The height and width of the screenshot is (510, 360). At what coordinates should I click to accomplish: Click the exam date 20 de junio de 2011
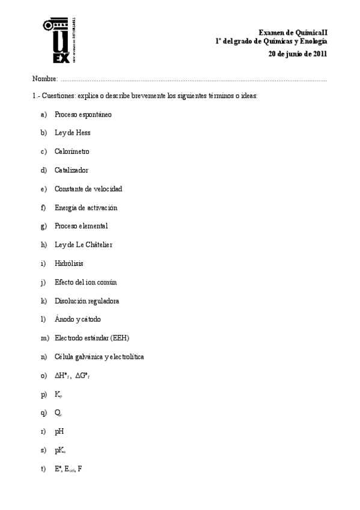(297, 54)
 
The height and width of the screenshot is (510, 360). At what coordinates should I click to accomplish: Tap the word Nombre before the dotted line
(44, 79)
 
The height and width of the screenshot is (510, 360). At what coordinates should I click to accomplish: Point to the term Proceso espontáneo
(83, 114)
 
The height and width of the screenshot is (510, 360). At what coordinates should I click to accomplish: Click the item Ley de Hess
(72, 133)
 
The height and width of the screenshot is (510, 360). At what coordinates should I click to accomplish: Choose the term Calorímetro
(72, 152)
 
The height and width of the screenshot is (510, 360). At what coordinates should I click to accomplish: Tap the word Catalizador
(71, 170)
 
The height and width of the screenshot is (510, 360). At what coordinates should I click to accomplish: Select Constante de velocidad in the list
(88, 189)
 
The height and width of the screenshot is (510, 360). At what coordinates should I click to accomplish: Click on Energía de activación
(85, 207)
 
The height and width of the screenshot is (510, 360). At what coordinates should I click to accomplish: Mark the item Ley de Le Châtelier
(83, 245)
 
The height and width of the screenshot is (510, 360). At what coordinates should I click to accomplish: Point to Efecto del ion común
(85, 282)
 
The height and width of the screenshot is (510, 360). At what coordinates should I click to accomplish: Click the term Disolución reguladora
(87, 301)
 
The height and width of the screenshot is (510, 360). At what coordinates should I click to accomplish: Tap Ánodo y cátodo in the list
(78, 319)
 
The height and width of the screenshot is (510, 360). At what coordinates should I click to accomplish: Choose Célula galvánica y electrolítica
(99, 357)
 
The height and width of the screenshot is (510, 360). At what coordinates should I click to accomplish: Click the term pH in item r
(59, 431)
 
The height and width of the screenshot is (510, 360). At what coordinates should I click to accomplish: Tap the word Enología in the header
(312, 41)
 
